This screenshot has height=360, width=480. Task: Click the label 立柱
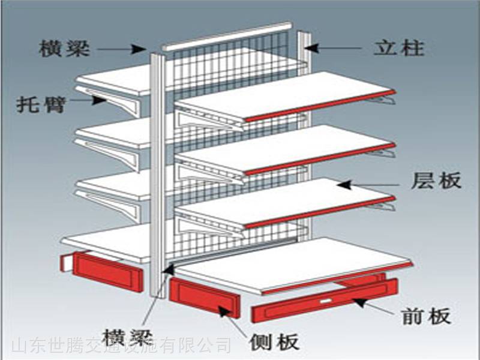(x=399, y=47)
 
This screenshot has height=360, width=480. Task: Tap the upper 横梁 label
(x=64, y=48)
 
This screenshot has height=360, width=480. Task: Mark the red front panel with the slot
(x=324, y=300)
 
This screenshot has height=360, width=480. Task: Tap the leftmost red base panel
(x=102, y=272)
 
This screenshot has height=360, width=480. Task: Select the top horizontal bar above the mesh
(x=227, y=36)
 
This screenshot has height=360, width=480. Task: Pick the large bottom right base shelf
(x=294, y=264)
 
